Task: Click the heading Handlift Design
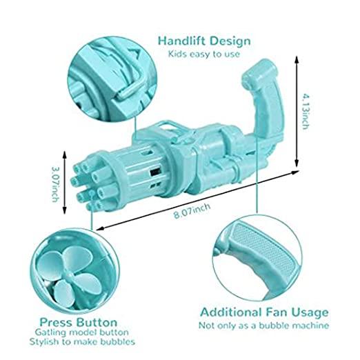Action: click(204, 41)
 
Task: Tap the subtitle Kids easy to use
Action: click(204, 54)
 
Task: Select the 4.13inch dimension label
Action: click(306, 111)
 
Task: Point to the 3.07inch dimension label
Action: click(55, 183)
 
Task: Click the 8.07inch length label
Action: click(192, 210)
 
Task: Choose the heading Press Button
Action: click(79, 322)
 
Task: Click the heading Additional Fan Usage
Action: click(264, 312)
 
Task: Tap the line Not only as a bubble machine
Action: click(264, 326)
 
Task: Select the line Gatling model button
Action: click(82, 332)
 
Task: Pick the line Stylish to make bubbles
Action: click(82, 341)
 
